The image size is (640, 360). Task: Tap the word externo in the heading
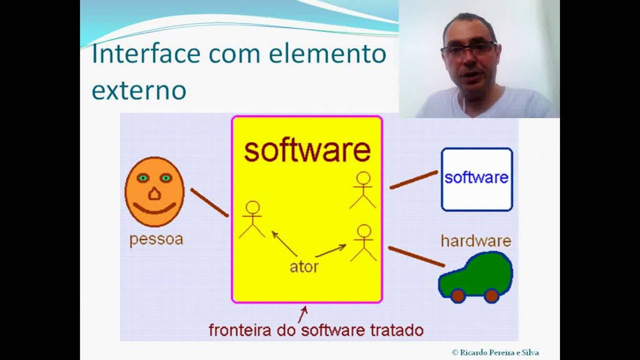pyautogui.click(x=139, y=90)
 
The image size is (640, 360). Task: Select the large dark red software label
pyautogui.click(x=307, y=150)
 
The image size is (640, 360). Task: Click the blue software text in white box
pyautogui.click(x=476, y=177)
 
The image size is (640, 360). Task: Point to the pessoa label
pyautogui.click(x=156, y=239)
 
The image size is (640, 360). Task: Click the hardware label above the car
pyautogui.click(x=475, y=241)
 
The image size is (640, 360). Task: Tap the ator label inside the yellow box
pyautogui.click(x=304, y=266)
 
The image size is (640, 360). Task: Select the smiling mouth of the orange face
pyautogui.click(x=154, y=208)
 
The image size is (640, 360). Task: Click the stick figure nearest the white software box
pyautogui.click(x=362, y=190)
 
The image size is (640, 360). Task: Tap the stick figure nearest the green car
pyautogui.click(x=363, y=242)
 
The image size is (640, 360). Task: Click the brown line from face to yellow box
pyautogui.click(x=209, y=202)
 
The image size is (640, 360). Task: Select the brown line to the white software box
pyautogui.click(x=413, y=180)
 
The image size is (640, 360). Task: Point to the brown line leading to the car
pyautogui.click(x=416, y=256)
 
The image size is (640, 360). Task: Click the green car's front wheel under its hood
pyautogui.click(x=457, y=295)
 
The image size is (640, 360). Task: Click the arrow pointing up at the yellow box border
pyautogui.click(x=302, y=314)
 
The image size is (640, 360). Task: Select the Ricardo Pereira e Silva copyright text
pyautogui.click(x=495, y=352)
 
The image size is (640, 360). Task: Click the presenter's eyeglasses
pyautogui.click(x=468, y=49)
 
